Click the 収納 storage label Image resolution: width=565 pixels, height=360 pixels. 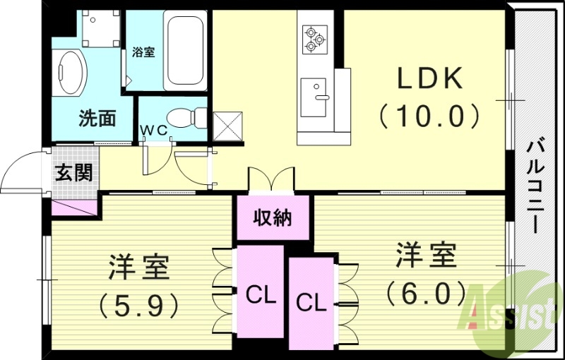pos(273,218)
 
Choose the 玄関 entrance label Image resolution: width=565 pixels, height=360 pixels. pos(73,172)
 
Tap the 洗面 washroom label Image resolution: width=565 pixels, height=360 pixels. pos(97,118)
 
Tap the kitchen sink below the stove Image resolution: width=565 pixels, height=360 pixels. pos(313,97)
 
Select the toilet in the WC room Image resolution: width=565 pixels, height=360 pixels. pos(190,116)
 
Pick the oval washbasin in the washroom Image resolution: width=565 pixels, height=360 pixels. pos(71,71)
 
